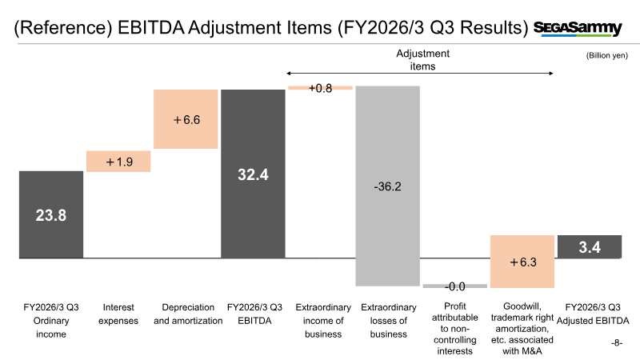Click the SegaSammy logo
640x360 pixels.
click(578, 28)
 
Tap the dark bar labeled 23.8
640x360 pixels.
click(51, 214)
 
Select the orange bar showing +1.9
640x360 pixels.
click(118, 161)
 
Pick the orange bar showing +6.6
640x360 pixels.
click(186, 119)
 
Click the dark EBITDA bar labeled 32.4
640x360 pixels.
click(253, 173)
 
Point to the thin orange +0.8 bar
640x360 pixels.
click(320, 87)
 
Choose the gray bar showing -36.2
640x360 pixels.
click(387, 186)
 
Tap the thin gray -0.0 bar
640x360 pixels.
click(454, 286)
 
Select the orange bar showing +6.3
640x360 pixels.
click(522, 261)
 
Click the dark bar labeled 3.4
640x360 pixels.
click(589, 246)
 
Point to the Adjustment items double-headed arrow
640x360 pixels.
click(420, 74)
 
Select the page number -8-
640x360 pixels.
click(615, 342)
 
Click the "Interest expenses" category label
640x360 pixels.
click(118, 314)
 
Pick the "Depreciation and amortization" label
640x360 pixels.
click(186, 314)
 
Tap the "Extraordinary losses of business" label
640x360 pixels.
click(388, 320)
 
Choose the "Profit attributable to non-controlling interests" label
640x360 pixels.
click(454, 328)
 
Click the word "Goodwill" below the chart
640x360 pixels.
click(523, 306)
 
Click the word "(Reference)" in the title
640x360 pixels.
click(62, 30)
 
